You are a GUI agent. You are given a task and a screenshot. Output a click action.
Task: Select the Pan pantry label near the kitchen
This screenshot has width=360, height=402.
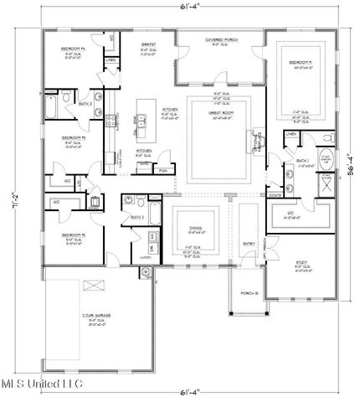coord(163,170)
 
